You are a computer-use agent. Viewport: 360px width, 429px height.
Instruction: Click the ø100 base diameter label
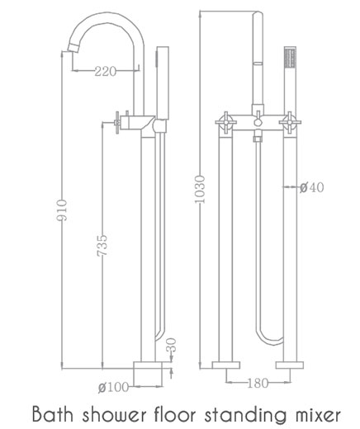click(x=113, y=386)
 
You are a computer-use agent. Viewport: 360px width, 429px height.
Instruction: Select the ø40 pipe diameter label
click(x=311, y=188)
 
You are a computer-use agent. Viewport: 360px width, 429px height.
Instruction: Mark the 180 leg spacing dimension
click(x=257, y=381)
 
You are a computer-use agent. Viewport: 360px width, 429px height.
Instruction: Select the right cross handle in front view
click(x=289, y=125)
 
